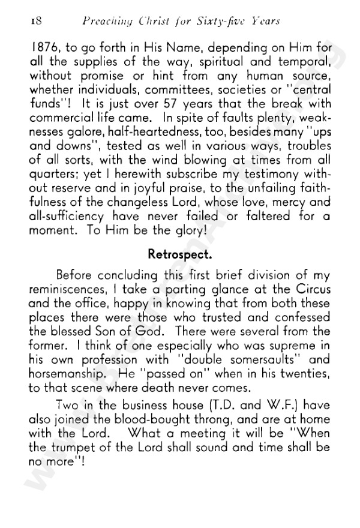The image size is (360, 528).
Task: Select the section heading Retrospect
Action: tap(180, 254)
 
